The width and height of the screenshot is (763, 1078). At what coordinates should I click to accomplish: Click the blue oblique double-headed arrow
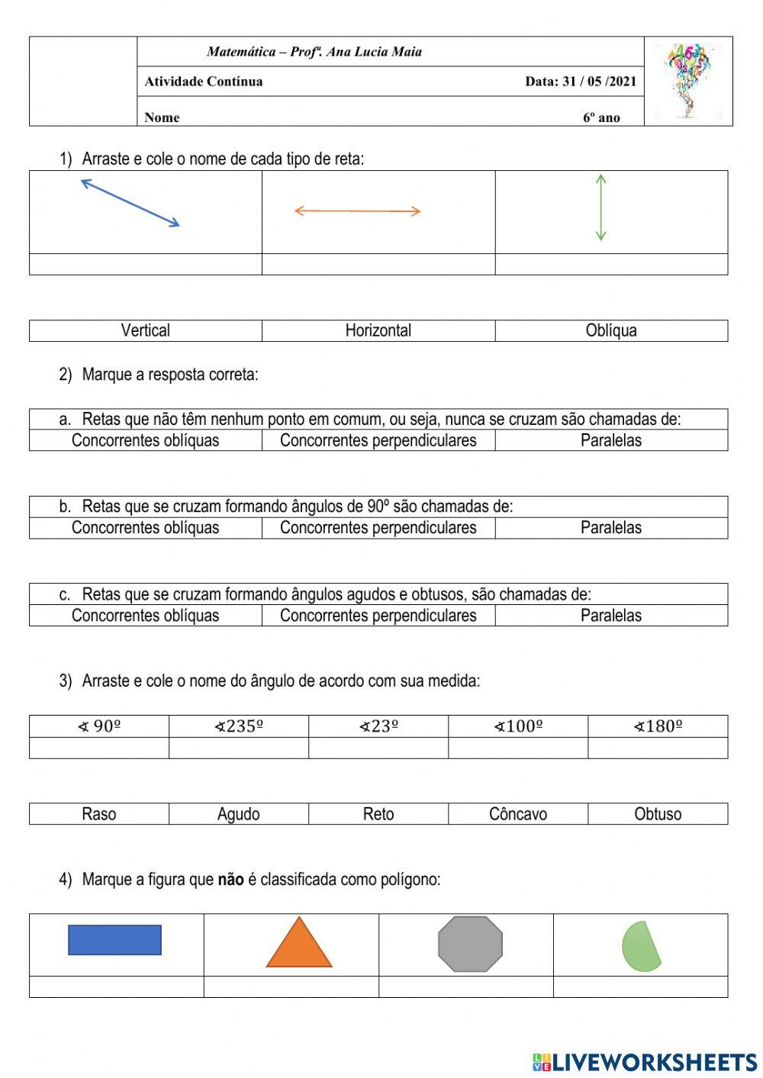(130, 203)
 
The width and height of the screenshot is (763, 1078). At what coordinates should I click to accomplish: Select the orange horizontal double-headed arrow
(357, 211)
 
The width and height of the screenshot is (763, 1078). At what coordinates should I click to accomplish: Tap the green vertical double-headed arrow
(600, 208)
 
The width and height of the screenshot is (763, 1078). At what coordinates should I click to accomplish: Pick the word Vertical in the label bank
(145, 330)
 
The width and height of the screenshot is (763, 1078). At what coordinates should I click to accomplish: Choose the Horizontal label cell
(378, 330)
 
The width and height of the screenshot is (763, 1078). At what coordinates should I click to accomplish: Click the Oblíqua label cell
(611, 330)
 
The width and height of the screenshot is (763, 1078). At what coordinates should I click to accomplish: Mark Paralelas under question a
(611, 440)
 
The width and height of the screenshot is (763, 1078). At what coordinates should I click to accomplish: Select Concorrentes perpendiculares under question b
(378, 528)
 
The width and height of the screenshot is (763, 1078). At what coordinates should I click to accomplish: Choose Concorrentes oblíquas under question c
(145, 616)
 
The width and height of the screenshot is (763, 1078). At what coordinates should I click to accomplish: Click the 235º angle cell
(239, 726)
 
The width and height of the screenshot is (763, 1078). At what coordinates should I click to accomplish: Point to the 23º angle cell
(378, 726)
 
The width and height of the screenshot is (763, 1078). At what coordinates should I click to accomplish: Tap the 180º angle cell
(658, 726)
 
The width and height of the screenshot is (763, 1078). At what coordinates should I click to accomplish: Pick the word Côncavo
(518, 814)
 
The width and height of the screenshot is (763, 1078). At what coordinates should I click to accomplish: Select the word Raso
(99, 814)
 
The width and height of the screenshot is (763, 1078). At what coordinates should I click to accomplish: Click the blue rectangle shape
(114, 940)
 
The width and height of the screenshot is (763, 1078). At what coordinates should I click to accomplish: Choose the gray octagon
(470, 944)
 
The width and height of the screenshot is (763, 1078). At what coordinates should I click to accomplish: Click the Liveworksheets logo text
(654, 1062)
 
